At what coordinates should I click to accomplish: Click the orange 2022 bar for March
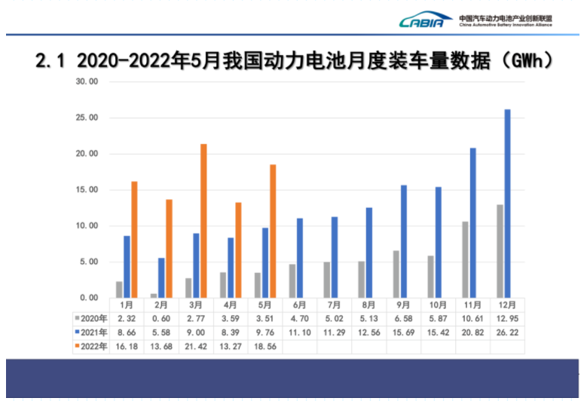coord(203,221)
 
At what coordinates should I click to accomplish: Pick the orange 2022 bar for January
coord(134,239)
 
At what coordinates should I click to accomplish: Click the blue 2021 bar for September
coord(403,241)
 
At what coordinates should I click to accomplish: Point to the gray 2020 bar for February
coord(154,295)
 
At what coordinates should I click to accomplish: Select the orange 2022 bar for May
coord(273,231)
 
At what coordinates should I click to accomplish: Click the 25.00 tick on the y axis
coord(87,118)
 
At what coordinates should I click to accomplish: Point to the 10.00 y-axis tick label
coord(87,226)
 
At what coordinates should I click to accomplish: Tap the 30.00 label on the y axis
coord(87,81)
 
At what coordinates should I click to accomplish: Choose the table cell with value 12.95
coord(507,317)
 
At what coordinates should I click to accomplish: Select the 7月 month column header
coord(335,305)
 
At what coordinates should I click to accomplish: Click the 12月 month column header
coord(507,305)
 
